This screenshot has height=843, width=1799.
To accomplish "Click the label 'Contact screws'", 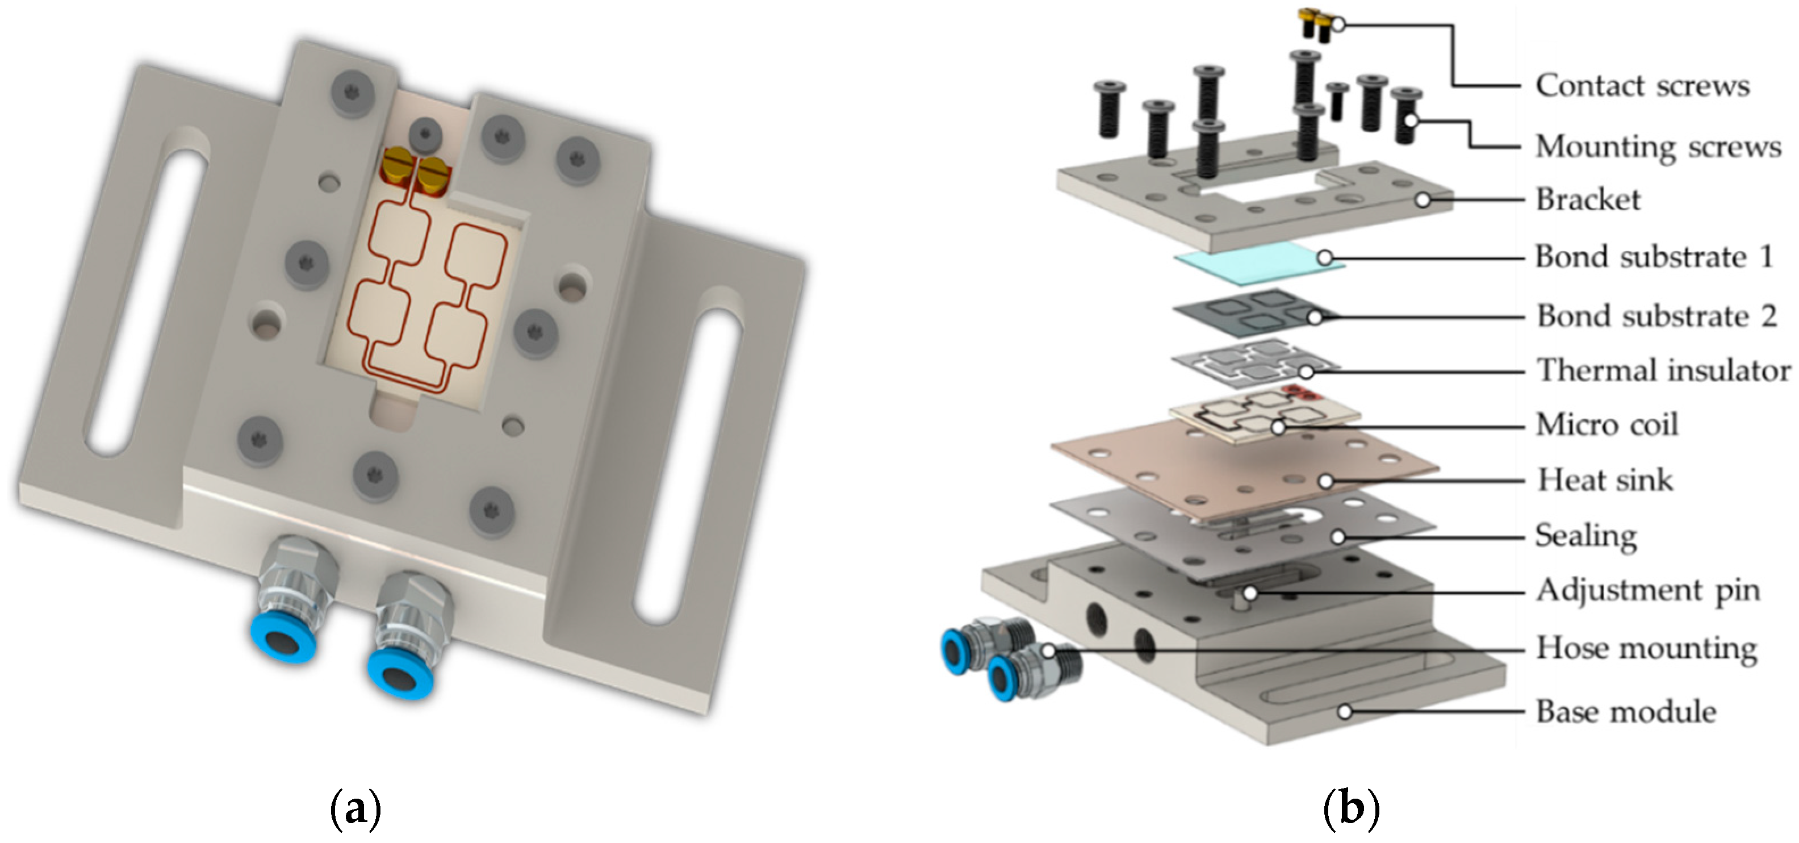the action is point(1642,86).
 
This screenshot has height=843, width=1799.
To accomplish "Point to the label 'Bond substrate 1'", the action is point(1654,257).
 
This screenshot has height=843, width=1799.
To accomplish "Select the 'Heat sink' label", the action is point(1605,480).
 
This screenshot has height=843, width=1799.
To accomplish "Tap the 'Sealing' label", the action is point(1586,536).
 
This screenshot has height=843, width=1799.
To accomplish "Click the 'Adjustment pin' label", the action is point(1648,591).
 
